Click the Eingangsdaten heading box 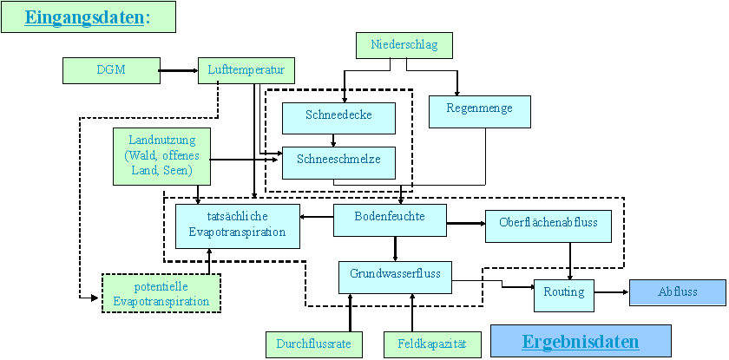tap(88, 17)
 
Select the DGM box tap(111, 70)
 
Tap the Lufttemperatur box tap(246, 70)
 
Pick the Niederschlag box tap(404, 45)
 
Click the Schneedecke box tap(338, 116)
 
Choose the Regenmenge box tap(479, 111)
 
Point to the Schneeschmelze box tap(338, 161)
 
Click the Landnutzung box tap(162, 156)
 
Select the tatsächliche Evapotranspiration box tap(237, 226)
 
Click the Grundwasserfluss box tap(396, 276)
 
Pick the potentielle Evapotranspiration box tap(161, 293)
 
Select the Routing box tap(564, 293)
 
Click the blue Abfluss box tap(677, 292)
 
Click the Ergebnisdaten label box tap(581, 341)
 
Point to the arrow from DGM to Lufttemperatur tap(179, 70)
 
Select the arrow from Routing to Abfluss tap(612, 292)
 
